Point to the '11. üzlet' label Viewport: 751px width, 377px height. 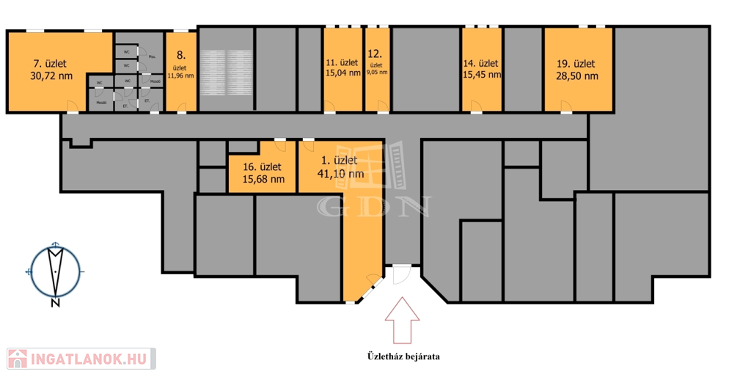[x=342, y=62]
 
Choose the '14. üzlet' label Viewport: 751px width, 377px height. [x=480, y=62]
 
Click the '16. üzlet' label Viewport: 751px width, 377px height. [x=262, y=166]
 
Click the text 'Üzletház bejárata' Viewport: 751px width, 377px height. [x=403, y=357]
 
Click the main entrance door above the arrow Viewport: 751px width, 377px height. [x=400, y=273]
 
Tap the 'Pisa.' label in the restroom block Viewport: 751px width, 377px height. [x=151, y=56]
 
